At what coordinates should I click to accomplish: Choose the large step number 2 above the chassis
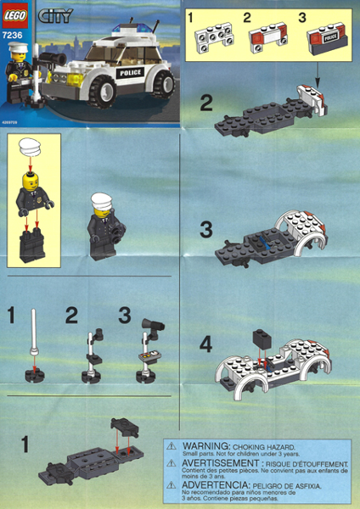(x=206, y=104)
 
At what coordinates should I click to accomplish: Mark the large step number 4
(x=206, y=345)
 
